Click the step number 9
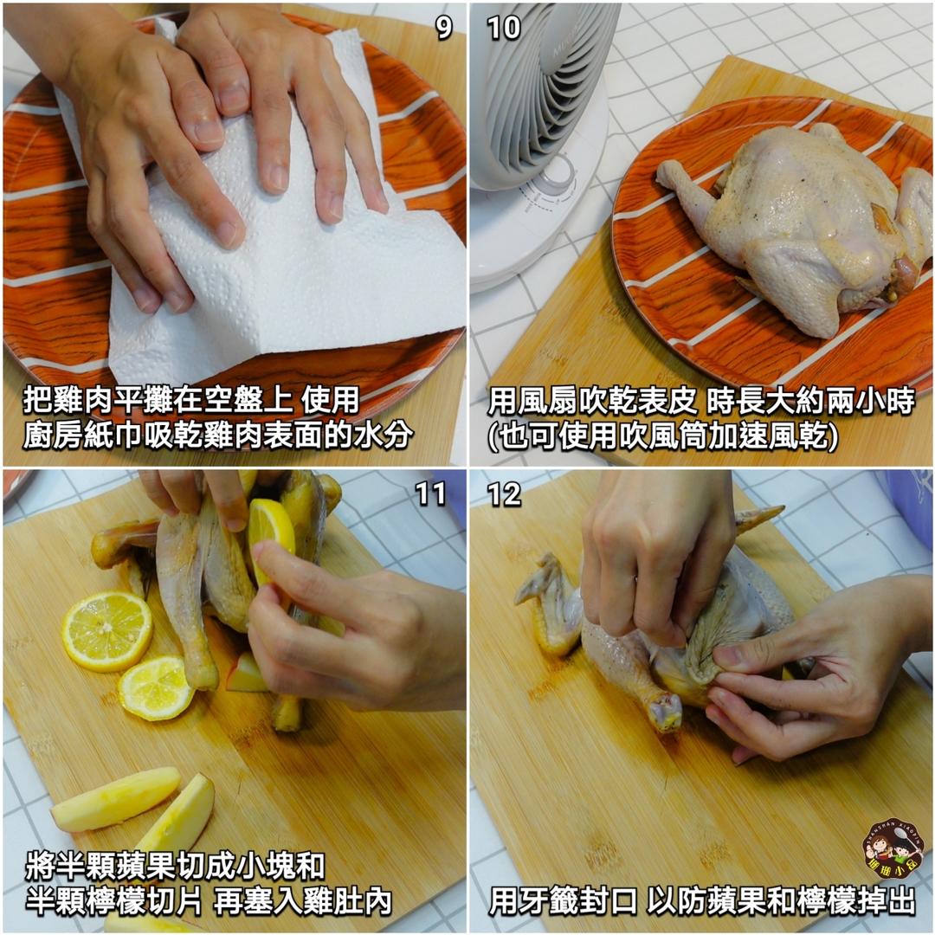point(443,28)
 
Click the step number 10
point(504,28)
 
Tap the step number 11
point(430,493)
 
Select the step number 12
point(504,493)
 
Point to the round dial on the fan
point(558,173)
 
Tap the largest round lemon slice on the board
point(106,630)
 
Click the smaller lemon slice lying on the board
point(156,687)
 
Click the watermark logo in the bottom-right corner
point(892,853)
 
